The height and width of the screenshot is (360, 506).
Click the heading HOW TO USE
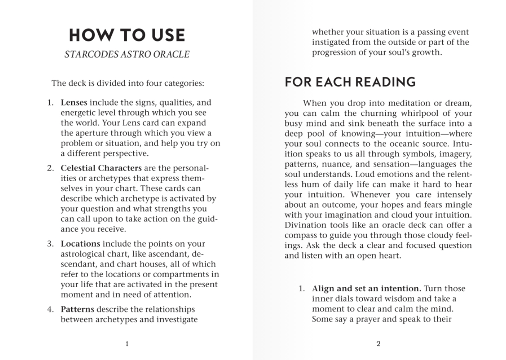tap(127, 35)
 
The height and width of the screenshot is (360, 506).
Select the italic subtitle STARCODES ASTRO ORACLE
tap(127, 54)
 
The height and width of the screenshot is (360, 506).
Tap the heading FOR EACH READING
tap(350, 82)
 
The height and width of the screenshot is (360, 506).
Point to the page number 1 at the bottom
tap(127, 344)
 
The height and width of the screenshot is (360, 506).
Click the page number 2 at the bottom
tap(378, 344)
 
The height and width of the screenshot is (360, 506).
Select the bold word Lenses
tap(74, 103)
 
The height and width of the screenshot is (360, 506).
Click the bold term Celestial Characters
tap(101, 168)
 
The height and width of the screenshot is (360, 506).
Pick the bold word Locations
tap(81, 244)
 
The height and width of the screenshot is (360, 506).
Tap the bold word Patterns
tap(78, 309)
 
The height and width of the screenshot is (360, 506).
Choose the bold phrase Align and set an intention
tap(366, 288)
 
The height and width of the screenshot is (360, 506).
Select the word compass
tap(301, 235)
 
